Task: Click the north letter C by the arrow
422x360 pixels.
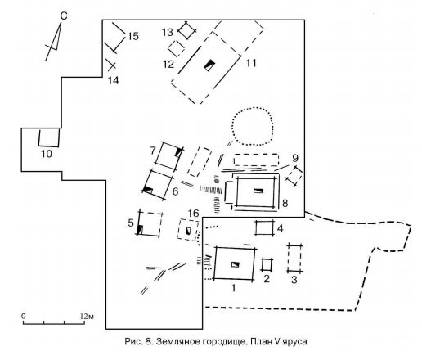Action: click(64, 16)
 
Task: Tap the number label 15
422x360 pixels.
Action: click(133, 36)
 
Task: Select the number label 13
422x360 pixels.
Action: click(168, 32)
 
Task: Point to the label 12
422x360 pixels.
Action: click(168, 65)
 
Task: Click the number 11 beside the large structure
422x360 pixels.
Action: click(251, 63)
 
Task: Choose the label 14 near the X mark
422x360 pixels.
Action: click(113, 80)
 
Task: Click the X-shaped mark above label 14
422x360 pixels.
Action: click(111, 65)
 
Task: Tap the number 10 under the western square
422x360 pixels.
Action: click(47, 154)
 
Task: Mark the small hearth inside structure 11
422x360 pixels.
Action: click(209, 65)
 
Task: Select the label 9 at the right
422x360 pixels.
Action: click(295, 158)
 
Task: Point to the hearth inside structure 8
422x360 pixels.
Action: click(258, 191)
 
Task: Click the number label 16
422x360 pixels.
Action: click(193, 214)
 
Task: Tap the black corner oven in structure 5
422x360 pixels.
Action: click(140, 230)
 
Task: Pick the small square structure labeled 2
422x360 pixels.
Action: click(267, 264)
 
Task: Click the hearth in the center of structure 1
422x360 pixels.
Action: click(236, 264)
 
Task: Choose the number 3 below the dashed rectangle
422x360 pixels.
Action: click(294, 280)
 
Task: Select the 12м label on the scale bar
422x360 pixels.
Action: click(88, 317)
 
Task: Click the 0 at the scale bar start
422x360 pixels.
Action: click(24, 317)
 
